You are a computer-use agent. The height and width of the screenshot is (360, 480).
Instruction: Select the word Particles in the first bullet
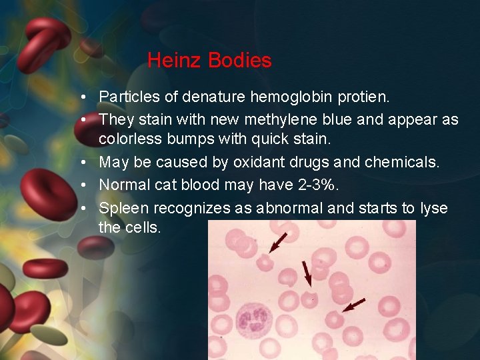click(129, 97)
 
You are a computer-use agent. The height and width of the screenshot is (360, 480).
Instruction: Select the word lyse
click(434, 208)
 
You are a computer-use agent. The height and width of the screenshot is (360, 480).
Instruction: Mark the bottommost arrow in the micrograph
click(353, 305)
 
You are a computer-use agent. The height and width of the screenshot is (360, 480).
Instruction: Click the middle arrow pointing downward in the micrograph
click(307, 273)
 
